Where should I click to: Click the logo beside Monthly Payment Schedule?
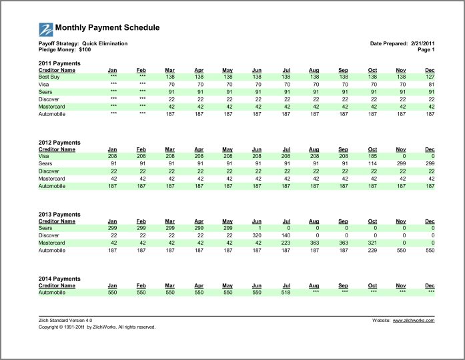tap(46, 29)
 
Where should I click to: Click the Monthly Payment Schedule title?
tap(107, 28)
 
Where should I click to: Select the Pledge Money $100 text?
tap(65, 49)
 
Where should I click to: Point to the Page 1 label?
tap(426, 49)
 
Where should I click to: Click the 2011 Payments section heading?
tap(59, 63)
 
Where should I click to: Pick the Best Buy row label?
tap(49, 77)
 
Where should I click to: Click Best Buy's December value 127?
tap(430, 77)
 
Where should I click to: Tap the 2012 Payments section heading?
tap(59, 143)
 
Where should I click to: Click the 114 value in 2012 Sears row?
tap(372, 164)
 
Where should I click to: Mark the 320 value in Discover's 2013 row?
tap(257, 236)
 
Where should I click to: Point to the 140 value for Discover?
tap(286, 236)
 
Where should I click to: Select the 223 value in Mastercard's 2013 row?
tap(286, 243)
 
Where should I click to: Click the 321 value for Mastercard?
tap(372, 243)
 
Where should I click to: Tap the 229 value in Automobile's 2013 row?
tap(372, 251)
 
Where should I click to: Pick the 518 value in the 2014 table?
tap(286, 293)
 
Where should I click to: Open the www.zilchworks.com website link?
tap(414, 321)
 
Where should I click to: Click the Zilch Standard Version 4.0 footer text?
tap(65, 321)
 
